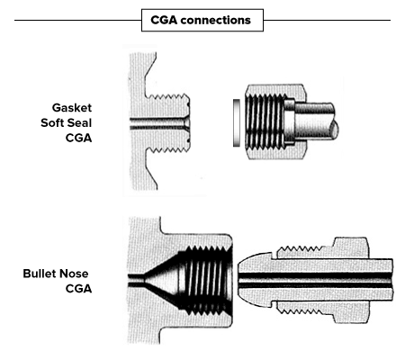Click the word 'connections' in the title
216,20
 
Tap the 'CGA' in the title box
164,20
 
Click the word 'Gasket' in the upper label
72,108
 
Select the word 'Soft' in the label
53,122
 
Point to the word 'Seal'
80,122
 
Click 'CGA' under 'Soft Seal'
78,138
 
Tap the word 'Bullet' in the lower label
40,274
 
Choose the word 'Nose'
74,274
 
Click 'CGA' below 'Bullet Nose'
78,289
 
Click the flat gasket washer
237,122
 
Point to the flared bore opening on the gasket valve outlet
186,123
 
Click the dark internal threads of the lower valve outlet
207,279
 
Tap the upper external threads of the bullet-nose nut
300,248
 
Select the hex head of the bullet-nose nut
350,280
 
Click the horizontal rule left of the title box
78,21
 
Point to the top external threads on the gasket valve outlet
169,96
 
